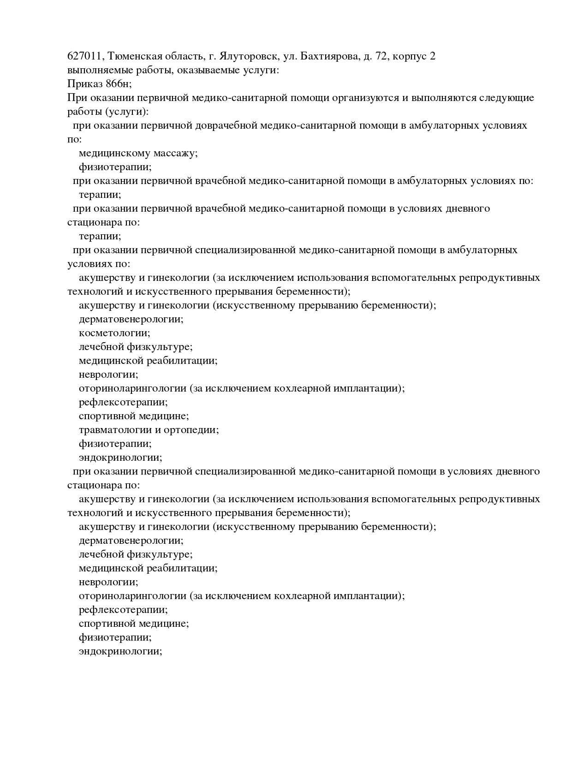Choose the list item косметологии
pos(114,333)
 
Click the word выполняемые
pos(97,71)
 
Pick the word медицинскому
pos(114,154)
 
